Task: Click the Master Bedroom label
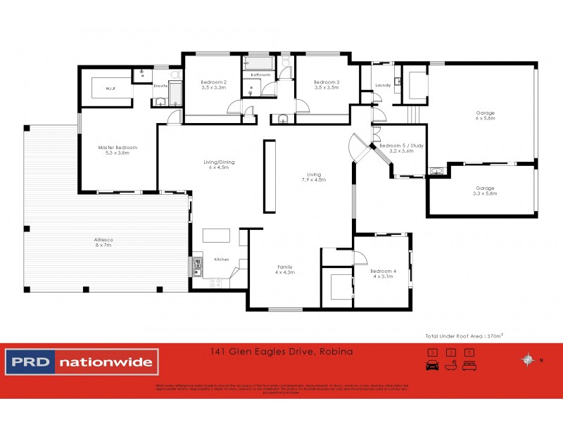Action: pyautogui.click(x=117, y=150)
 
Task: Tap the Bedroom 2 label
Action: pyautogui.click(x=213, y=84)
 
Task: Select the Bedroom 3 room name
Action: pyautogui.click(x=327, y=84)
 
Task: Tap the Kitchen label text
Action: pyautogui.click(x=222, y=260)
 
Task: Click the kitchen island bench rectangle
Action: pyautogui.click(x=217, y=236)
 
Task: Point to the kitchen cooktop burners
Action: pyautogui.click(x=215, y=281)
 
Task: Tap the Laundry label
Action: pyautogui.click(x=383, y=86)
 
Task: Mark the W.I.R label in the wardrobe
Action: pyautogui.click(x=110, y=89)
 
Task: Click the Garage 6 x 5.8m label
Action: pyautogui.click(x=485, y=116)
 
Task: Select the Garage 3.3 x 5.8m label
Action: pyautogui.click(x=485, y=191)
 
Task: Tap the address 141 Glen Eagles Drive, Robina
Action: pyautogui.click(x=281, y=350)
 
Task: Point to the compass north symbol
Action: pyautogui.click(x=526, y=360)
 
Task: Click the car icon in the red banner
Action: pyautogui.click(x=432, y=365)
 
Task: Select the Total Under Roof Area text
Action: pyautogui.click(x=462, y=337)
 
